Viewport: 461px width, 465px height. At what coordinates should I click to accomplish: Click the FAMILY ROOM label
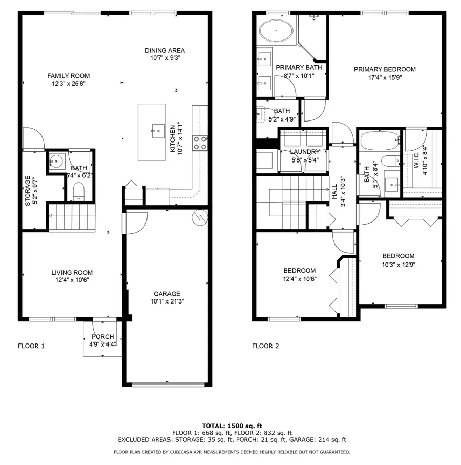click(69, 75)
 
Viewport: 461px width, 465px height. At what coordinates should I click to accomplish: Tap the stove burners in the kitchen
click(199, 143)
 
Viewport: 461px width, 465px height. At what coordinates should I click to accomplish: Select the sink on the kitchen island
click(154, 131)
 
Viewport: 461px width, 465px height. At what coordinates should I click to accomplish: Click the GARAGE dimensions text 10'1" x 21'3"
click(166, 301)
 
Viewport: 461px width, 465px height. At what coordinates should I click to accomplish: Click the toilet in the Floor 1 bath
click(78, 192)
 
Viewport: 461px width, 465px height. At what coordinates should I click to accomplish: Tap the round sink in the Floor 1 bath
click(56, 163)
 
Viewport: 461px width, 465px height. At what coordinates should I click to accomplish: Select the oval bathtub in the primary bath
click(277, 32)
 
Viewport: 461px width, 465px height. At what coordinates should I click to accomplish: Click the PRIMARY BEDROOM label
click(384, 69)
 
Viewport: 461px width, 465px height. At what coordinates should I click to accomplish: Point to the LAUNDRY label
click(304, 152)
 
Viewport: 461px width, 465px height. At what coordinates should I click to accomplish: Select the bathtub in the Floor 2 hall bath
click(379, 139)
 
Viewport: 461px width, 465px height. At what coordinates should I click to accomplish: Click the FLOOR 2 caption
click(265, 346)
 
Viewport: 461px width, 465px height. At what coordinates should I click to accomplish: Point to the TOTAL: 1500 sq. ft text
click(232, 426)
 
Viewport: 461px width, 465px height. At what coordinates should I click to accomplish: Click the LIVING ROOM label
click(72, 273)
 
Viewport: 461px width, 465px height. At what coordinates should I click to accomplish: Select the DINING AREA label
click(164, 50)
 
